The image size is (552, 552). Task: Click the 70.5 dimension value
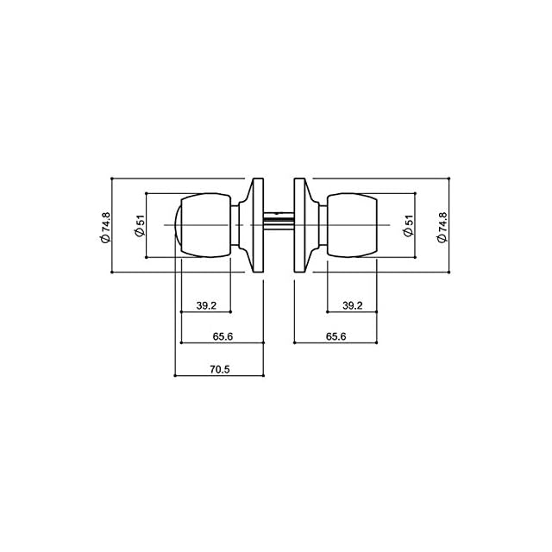click(x=220, y=369)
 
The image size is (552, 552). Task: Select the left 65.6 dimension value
click(x=223, y=336)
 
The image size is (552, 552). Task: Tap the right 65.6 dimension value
click(x=336, y=336)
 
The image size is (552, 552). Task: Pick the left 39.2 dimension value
click(x=206, y=305)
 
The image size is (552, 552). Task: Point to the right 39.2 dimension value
click(x=353, y=305)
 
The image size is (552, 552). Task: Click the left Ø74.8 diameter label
click(x=105, y=228)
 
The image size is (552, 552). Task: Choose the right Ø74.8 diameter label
click(x=442, y=228)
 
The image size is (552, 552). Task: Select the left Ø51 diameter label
click(x=140, y=226)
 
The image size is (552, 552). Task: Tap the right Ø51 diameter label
click(x=408, y=226)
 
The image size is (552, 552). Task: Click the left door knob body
click(x=206, y=225)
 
